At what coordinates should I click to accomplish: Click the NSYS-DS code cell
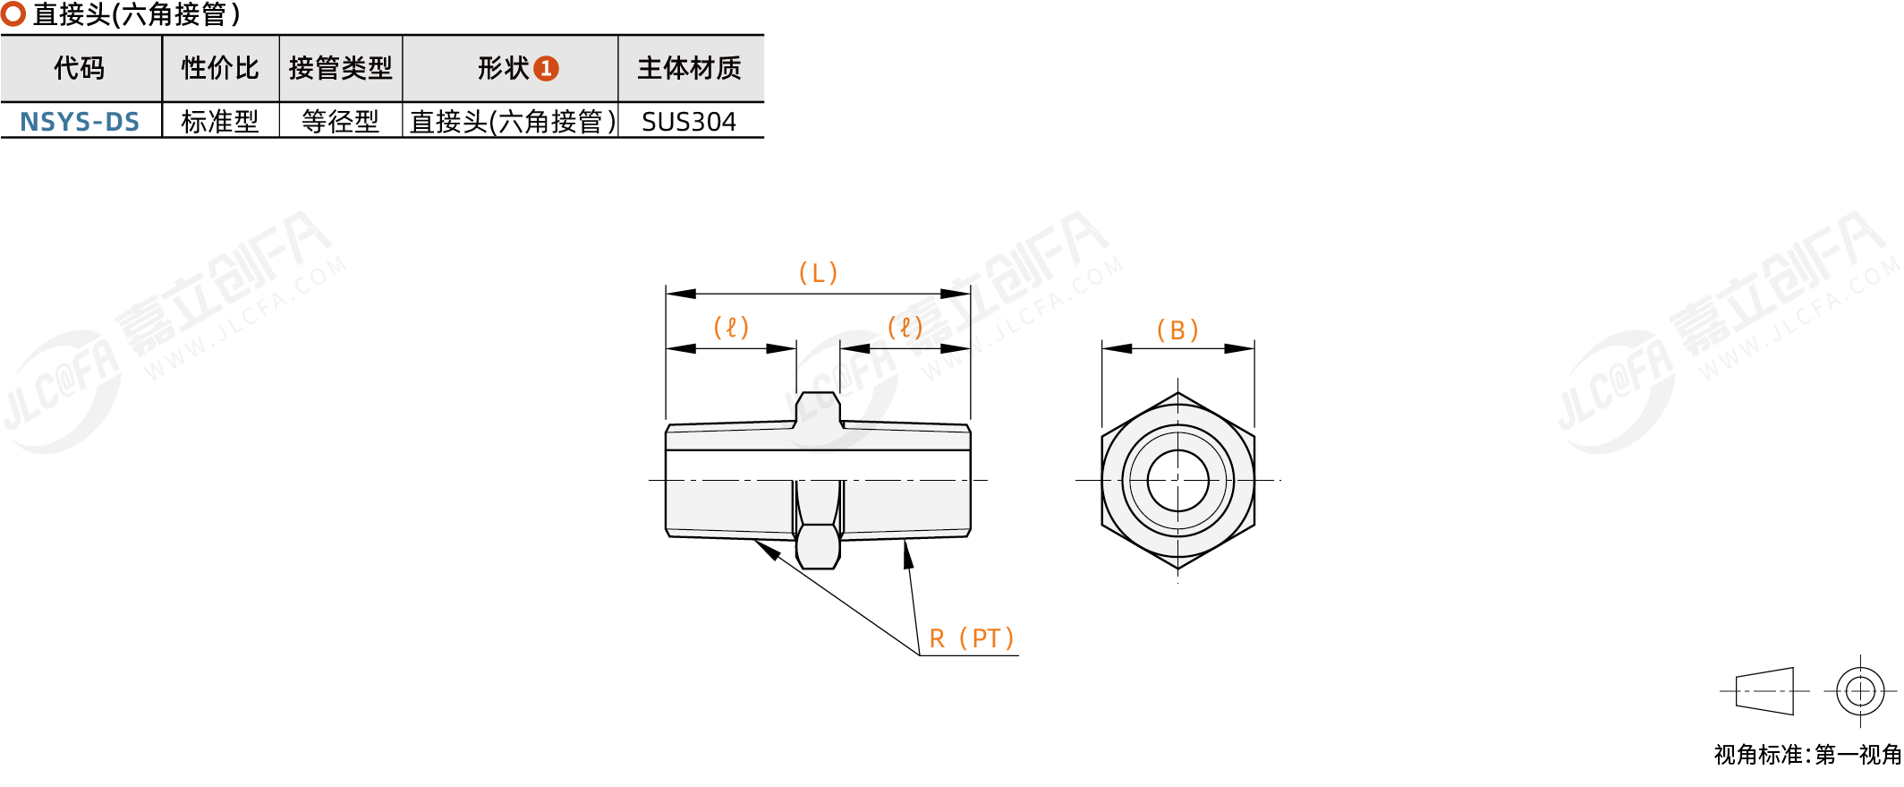[x=80, y=121]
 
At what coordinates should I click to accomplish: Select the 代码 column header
[x=80, y=68]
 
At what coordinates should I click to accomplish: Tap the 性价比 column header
[x=220, y=68]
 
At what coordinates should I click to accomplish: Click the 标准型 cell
[x=220, y=121]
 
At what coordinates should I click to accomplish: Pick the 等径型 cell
[x=340, y=121]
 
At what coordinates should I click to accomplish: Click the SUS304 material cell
[x=689, y=121]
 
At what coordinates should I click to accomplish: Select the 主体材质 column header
[x=689, y=68]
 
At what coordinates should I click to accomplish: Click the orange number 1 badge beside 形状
[x=546, y=69]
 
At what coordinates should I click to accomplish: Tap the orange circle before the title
[x=13, y=14]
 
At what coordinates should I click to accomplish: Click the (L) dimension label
[x=818, y=273]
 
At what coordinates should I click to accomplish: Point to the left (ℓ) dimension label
[x=730, y=328]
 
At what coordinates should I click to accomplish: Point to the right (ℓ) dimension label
[x=905, y=328]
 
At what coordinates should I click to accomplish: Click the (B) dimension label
[x=1177, y=330]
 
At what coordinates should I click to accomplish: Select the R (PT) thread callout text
[x=971, y=638]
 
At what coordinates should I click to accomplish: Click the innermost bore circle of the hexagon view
[x=1177, y=481]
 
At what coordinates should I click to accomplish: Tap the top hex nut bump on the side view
[x=818, y=407]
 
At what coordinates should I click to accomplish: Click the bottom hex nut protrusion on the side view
[x=818, y=547]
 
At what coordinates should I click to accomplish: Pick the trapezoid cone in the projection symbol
[x=1764, y=691]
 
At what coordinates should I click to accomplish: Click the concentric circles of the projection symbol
[x=1860, y=691]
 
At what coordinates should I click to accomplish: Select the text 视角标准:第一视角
[x=1806, y=755]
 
